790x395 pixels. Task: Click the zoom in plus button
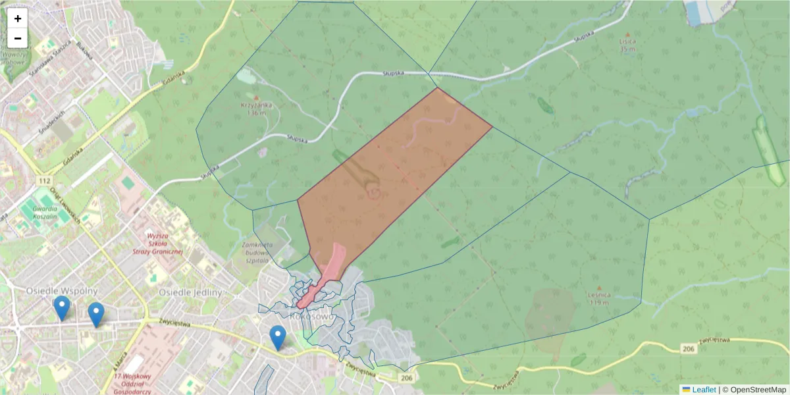coord(18,18)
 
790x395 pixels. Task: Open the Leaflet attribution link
coord(703,390)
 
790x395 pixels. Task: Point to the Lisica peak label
coord(627,44)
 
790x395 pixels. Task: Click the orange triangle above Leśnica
coord(599,288)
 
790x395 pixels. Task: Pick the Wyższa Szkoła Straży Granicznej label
coord(165,243)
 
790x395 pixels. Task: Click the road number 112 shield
coord(45,181)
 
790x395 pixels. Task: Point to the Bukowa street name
coord(84,49)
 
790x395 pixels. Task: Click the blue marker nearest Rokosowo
coord(278,337)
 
